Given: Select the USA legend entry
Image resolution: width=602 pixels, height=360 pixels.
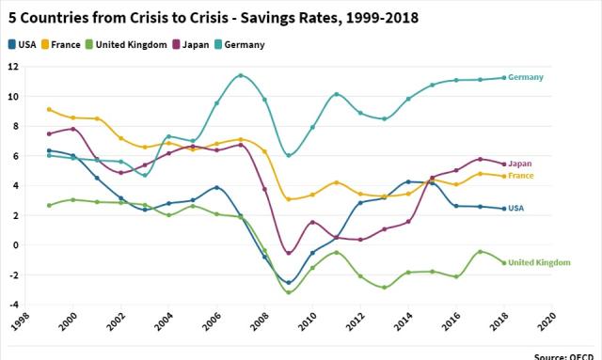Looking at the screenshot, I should (x=23, y=44).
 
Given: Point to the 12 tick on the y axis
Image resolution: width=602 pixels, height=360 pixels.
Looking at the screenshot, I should (x=13, y=67).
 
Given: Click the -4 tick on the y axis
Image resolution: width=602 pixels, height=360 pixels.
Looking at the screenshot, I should (x=13, y=305).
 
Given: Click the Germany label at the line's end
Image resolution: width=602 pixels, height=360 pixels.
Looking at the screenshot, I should (x=528, y=77).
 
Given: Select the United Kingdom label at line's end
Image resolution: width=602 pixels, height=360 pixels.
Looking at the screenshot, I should (x=540, y=263).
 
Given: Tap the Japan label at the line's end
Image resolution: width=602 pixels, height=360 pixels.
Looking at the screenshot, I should (x=520, y=164).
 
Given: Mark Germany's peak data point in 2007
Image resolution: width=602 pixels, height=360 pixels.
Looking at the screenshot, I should (x=241, y=75).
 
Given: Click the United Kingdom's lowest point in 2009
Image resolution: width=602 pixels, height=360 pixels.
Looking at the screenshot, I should (x=289, y=292).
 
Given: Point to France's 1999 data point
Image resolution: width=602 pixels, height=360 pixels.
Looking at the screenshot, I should (x=49, y=109).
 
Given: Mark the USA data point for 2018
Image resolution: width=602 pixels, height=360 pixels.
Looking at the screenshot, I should (x=503, y=209).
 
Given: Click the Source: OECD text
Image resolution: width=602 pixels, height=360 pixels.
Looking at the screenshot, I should (x=565, y=356).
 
